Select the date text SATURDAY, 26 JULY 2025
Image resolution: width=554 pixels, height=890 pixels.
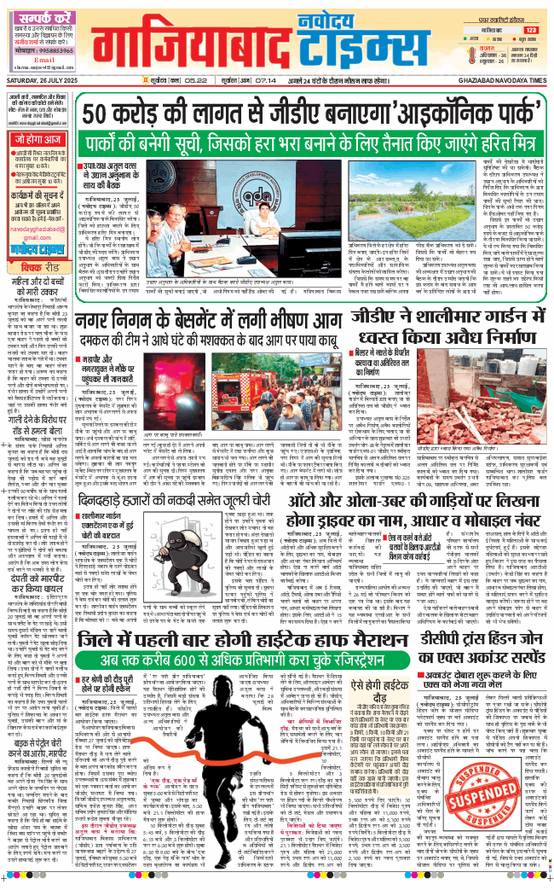tap(40, 88)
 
